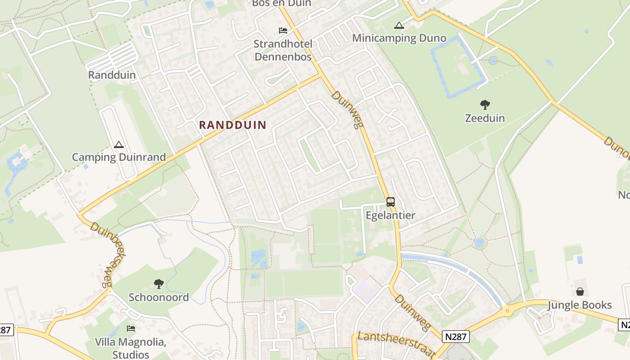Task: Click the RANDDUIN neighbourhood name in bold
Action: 233,125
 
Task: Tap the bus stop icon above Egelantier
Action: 391,202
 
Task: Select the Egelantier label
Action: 391,215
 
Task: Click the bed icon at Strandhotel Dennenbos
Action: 283,31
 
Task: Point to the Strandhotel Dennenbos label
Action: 283,50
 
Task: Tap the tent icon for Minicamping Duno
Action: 399,25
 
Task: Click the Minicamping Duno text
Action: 399,38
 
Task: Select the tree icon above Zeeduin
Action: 485,105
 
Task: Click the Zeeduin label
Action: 485,118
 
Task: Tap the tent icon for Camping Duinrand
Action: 119,144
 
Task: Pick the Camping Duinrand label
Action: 119,157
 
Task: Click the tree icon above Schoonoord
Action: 158,284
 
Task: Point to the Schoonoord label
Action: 158,297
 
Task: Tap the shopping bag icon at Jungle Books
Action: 580,292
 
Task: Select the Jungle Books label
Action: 580,305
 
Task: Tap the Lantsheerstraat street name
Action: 396,344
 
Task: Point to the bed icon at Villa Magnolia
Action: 131,328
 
